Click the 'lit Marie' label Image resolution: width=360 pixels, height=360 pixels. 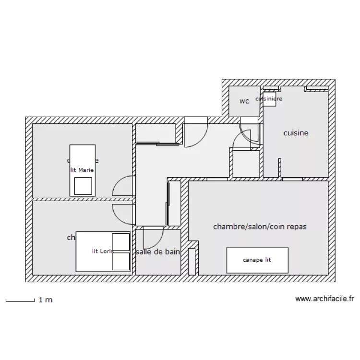(82, 170)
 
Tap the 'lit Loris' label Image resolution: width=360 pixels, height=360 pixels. (103, 251)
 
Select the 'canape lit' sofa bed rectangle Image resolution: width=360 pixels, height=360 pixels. (257, 260)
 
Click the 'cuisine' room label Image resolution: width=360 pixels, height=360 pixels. (296, 133)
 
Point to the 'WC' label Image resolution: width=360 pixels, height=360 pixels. (244, 101)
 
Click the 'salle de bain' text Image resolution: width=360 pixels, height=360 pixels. (158, 252)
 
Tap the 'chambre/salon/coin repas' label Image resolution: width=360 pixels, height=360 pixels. (260, 226)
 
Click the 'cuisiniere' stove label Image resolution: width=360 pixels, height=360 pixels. (269, 99)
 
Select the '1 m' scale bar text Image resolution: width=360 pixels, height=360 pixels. (46, 300)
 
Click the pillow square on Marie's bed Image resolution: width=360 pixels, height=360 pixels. (83, 186)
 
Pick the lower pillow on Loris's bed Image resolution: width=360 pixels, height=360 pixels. (120, 261)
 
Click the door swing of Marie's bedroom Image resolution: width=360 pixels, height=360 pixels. (122, 186)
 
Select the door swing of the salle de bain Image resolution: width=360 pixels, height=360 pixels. (153, 238)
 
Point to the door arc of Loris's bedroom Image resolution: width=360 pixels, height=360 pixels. (122, 213)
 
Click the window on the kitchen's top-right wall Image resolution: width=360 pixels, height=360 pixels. (317, 88)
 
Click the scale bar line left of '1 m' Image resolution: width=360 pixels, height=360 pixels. (20, 301)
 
